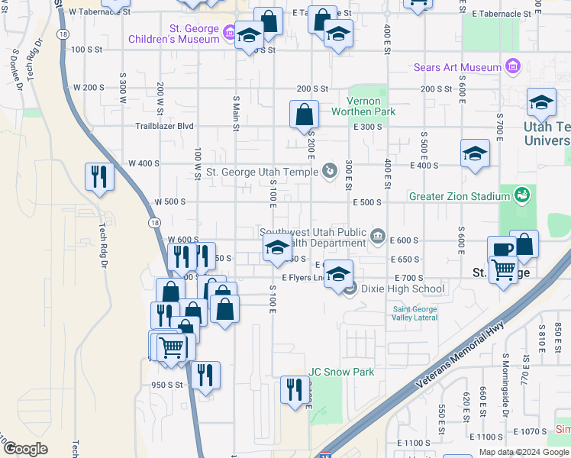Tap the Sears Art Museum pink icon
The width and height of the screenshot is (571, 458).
[x=512, y=67]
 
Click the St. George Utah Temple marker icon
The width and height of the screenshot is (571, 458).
[x=330, y=170]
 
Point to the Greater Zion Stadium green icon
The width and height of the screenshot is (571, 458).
[x=522, y=195]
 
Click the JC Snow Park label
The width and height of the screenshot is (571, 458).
[x=341, y=373]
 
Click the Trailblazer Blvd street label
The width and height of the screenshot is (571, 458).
[x=164, y=126]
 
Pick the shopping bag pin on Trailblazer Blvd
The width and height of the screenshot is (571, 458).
[x=304, y=114]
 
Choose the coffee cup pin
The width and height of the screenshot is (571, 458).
[x=502, y=250]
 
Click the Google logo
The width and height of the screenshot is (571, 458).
[x=26, y=449]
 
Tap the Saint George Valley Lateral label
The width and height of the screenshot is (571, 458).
[x=415, y=313]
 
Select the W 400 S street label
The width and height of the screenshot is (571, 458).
[x=143, y=163]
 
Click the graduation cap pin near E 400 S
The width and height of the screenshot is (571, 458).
[x=474, y=153]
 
